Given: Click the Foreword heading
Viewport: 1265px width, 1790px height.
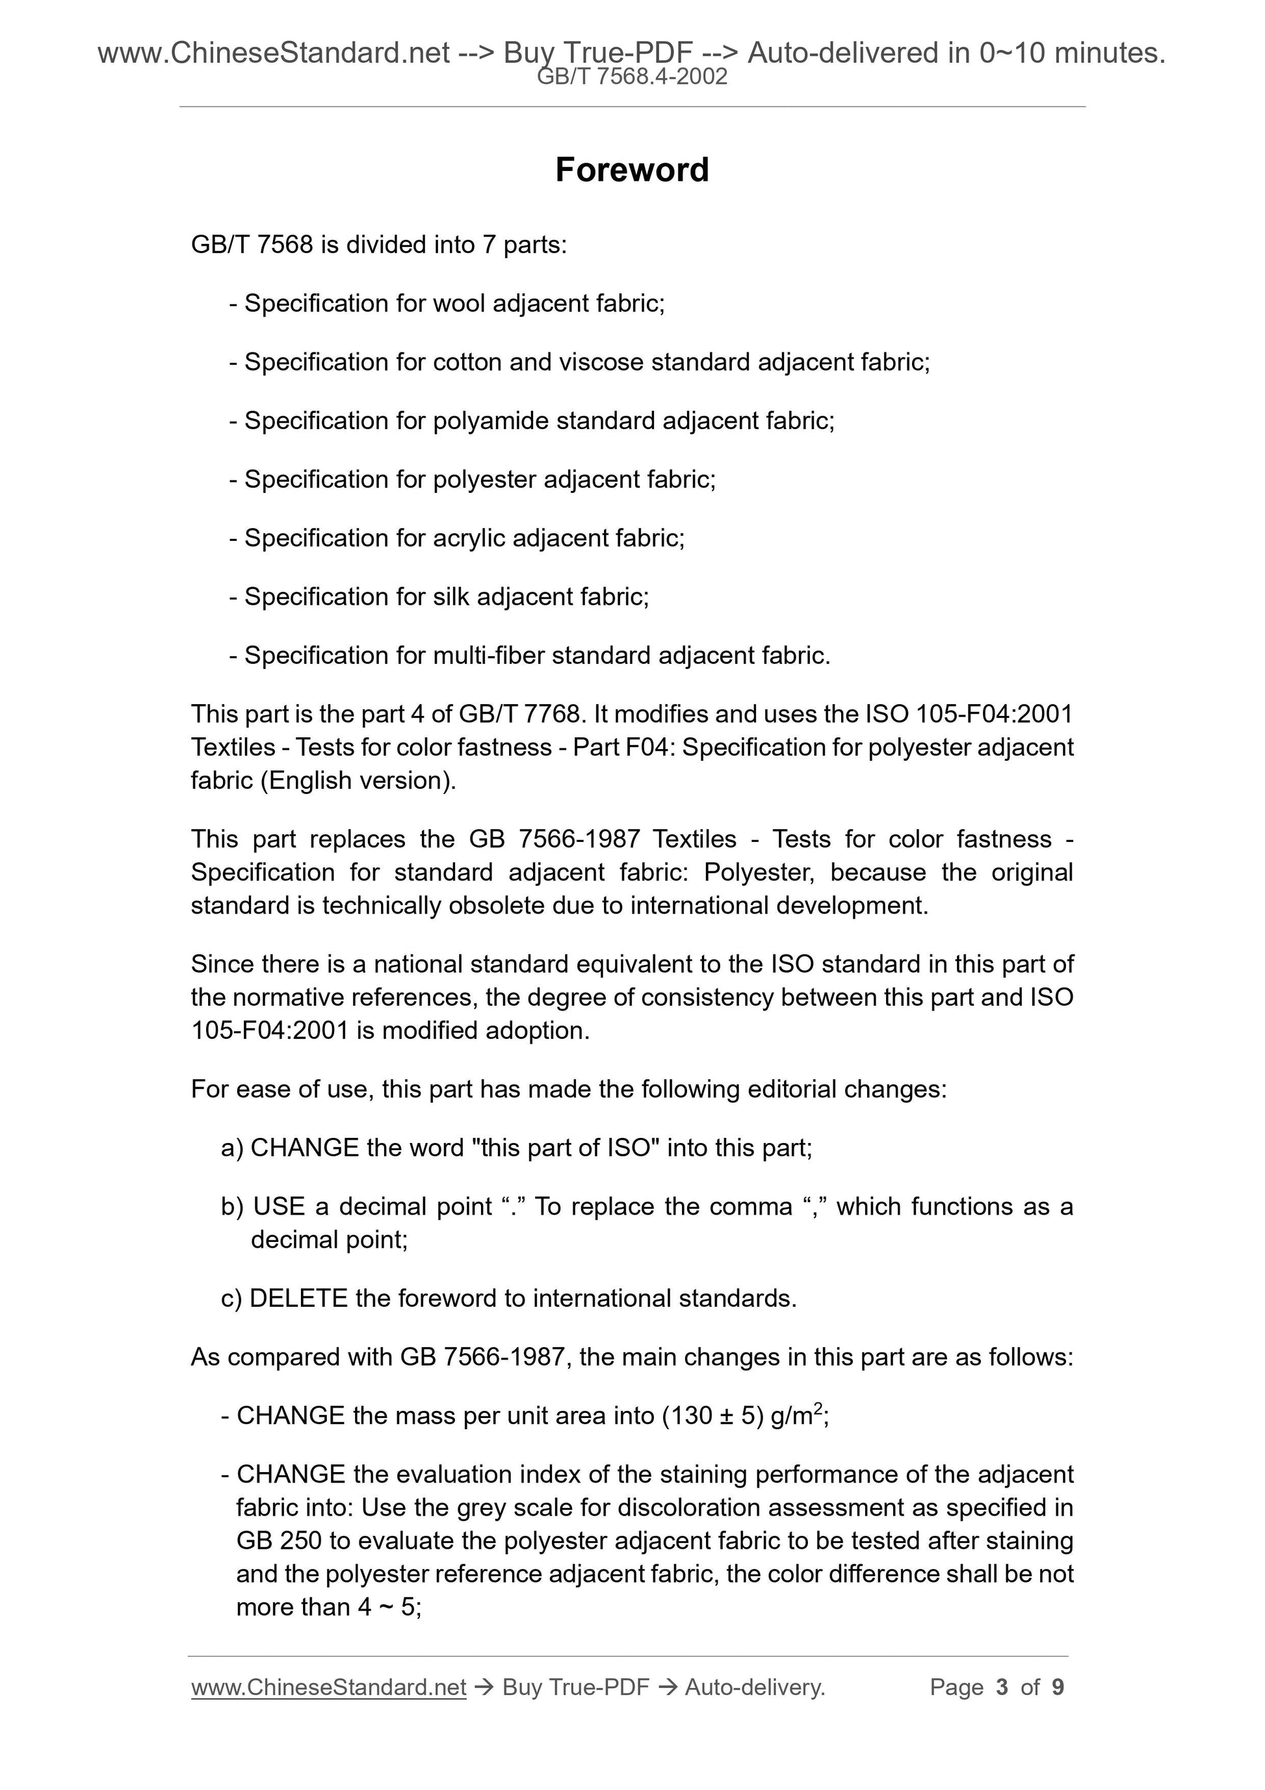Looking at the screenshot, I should [x=631, y=170].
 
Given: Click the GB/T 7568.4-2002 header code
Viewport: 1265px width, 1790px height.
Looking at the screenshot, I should [x=632, y=77].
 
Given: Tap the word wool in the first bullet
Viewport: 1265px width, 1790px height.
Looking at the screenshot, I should [x=459, y=303].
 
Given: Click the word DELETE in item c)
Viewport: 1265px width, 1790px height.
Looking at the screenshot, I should [x=298, y=1298].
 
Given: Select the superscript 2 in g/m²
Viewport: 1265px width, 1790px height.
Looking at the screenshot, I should [x=818, y=1407].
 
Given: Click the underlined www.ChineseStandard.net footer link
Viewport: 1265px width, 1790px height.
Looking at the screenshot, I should [x=328, y=1687].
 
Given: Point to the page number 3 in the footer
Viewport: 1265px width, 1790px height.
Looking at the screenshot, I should [x=1002, y=1687].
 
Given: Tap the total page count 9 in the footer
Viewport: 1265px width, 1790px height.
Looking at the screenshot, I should [x=1058, y=1687].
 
